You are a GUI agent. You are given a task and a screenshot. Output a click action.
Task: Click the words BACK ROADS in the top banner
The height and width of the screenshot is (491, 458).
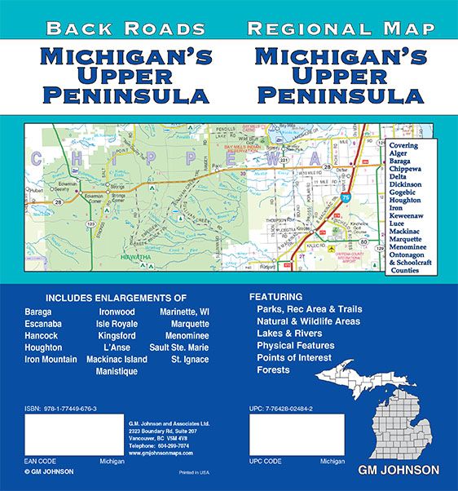click(126, 29)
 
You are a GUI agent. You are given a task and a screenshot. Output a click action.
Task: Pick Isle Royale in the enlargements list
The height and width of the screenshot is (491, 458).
click(121, 323)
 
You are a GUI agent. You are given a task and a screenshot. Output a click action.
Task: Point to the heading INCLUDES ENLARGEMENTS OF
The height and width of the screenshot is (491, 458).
click(117, 297)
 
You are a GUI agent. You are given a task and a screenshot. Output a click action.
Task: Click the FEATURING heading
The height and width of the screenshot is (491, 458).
click(275, 297)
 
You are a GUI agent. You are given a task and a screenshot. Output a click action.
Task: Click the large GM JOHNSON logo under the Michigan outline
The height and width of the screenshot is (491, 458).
click(398, 470)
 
